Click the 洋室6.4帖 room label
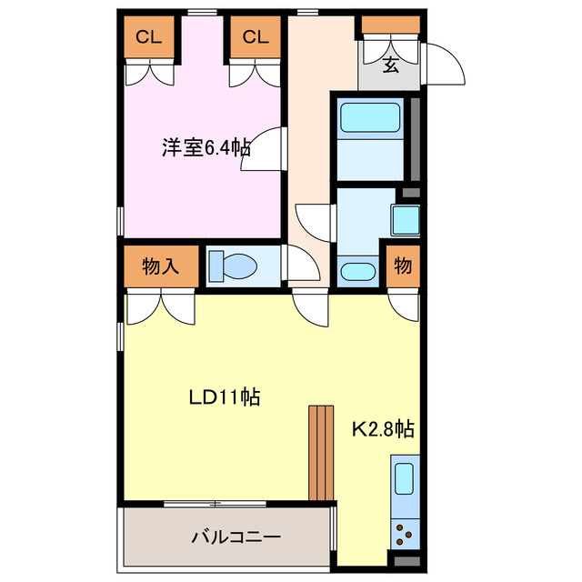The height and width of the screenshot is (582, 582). (206, 146)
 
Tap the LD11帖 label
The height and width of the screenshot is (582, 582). (225, 396)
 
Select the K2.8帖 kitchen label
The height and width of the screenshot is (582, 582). (384, 426)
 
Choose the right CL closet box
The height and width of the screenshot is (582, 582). (256, 37)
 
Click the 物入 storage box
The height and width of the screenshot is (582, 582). (159, 266)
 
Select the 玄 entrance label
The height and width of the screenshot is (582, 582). (390, 65)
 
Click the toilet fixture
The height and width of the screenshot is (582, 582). (234, 266)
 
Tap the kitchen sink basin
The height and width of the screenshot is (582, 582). (404, 477)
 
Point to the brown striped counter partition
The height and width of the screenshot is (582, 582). (321, 452)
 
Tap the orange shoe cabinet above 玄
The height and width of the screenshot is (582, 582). (390, 26)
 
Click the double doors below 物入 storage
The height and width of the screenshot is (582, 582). (160, 307)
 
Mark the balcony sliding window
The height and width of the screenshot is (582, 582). (216, 503)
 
